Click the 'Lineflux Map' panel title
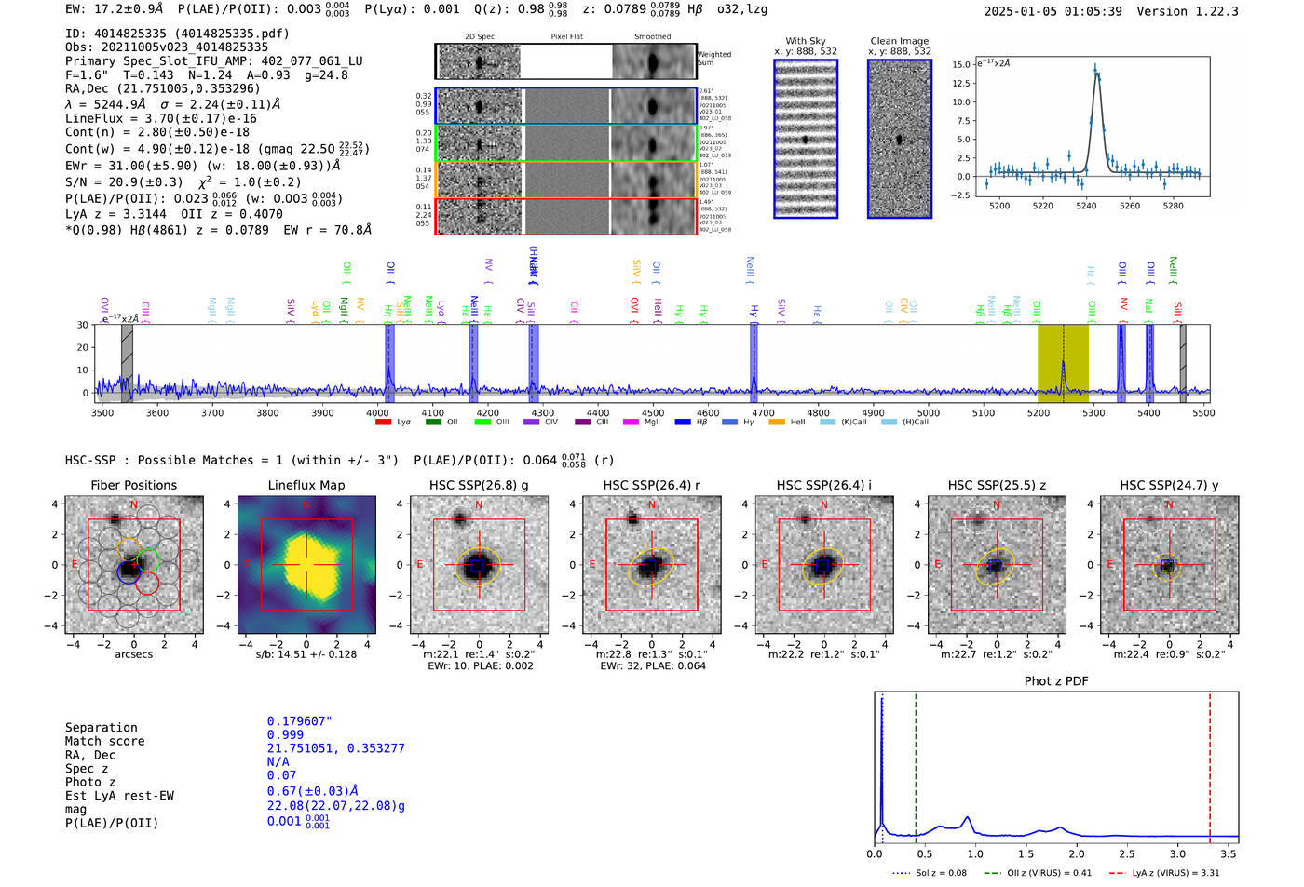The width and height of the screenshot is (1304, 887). click(306, 485)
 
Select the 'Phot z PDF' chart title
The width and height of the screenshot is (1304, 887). click(1056, 680)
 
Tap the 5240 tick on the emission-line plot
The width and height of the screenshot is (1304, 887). click(1086, 206)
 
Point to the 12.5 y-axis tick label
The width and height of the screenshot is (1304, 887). click(959, 84)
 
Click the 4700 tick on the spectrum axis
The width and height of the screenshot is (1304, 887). click(763, 412)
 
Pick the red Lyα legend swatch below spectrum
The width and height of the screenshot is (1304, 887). click(383, 423)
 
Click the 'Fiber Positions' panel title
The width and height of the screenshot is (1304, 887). click(133, 485)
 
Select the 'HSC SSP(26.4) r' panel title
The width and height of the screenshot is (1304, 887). click(651, 485)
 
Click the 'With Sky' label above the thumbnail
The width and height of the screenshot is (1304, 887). click(805, 41)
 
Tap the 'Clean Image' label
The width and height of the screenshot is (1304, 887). click(899, 41)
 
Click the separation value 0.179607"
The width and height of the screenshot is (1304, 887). click(299, 721)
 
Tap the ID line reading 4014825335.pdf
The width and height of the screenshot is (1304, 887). click(177, 34)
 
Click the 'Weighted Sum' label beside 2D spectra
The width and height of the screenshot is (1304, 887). click(713, 58)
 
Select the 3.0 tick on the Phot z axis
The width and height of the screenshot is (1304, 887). click(1177, 853)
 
